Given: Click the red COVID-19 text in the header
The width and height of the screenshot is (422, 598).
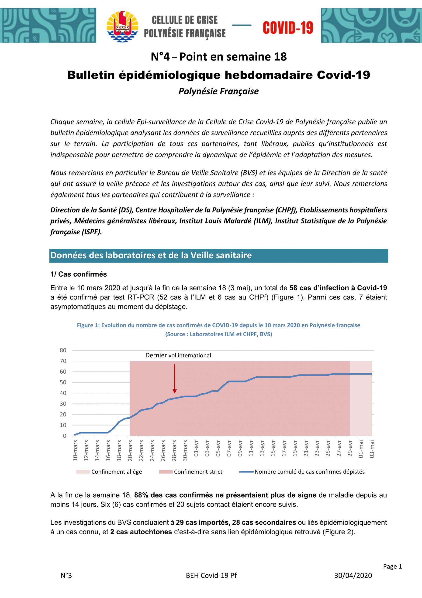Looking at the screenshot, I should [x=288, y=28].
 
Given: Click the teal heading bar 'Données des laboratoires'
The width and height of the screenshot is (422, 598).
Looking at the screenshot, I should [x=218, y=255].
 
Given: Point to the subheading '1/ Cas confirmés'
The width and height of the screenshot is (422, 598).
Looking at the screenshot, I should [x=79, y=274].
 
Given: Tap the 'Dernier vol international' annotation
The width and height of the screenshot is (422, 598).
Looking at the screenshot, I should [x=178, y=356].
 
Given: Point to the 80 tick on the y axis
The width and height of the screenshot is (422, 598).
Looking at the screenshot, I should [x=63, y=350].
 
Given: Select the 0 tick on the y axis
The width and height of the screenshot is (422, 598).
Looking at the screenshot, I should [x=65, y=436].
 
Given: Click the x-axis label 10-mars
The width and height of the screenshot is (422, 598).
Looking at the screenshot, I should [x=75, y=450].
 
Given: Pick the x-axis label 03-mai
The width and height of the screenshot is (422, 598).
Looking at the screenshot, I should [x=372, y=449].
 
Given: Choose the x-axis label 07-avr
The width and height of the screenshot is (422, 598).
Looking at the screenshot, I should [x=229, y=448].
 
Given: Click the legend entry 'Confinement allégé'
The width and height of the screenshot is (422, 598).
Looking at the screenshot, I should [x=117, y=472].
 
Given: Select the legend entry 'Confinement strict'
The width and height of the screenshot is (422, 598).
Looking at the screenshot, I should [x=198, y=472].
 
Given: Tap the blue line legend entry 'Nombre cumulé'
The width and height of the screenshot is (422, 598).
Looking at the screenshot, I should [x=309, y=472].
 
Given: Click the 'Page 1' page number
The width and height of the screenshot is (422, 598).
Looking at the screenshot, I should [x=392, y=566].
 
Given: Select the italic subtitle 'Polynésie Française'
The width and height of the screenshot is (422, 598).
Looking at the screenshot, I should [x=218, y=91].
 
